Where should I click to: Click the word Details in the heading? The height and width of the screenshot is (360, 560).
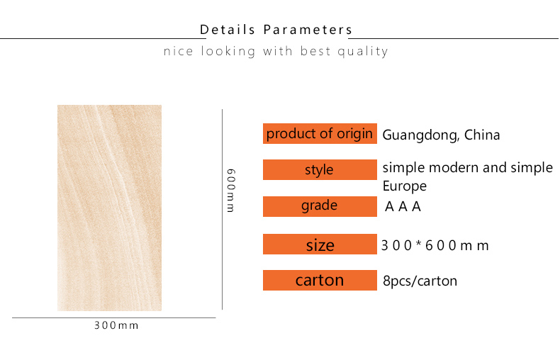click(x=227, y=30)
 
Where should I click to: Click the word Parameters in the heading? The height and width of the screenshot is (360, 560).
click(x=308, y=30)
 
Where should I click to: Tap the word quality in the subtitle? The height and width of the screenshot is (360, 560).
click(x=363, y=52)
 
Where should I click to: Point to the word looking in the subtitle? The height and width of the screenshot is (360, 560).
click(x=228, y=52)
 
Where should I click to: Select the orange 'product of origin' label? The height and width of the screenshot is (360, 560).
click(x=320, y=133)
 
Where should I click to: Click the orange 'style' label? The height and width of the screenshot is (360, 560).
click(x=320, y=169)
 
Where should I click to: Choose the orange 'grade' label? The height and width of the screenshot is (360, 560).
click(x=320, y=206)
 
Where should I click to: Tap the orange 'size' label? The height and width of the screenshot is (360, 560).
click(x=320, y=244)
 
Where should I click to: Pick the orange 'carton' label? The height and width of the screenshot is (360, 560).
click(x=320, y=280)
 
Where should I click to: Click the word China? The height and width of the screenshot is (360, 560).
click(x=482, y=135)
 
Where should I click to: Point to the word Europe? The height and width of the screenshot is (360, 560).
click(x=404, y=186)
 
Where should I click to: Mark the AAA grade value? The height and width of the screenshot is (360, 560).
click(x=403, y=206)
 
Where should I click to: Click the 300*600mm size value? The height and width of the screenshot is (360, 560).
click(x=435, y=245)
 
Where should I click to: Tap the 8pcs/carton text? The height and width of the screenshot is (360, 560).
click(x=420, y=281)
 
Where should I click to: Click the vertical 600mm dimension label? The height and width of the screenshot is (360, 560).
click(x=231, y=191)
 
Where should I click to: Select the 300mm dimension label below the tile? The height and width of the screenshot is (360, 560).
click(x=116, y=325)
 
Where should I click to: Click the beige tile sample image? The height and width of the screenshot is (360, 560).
click(x=109, y=208)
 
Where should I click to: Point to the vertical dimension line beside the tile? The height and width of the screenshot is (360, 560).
click(x=222, y=209)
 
